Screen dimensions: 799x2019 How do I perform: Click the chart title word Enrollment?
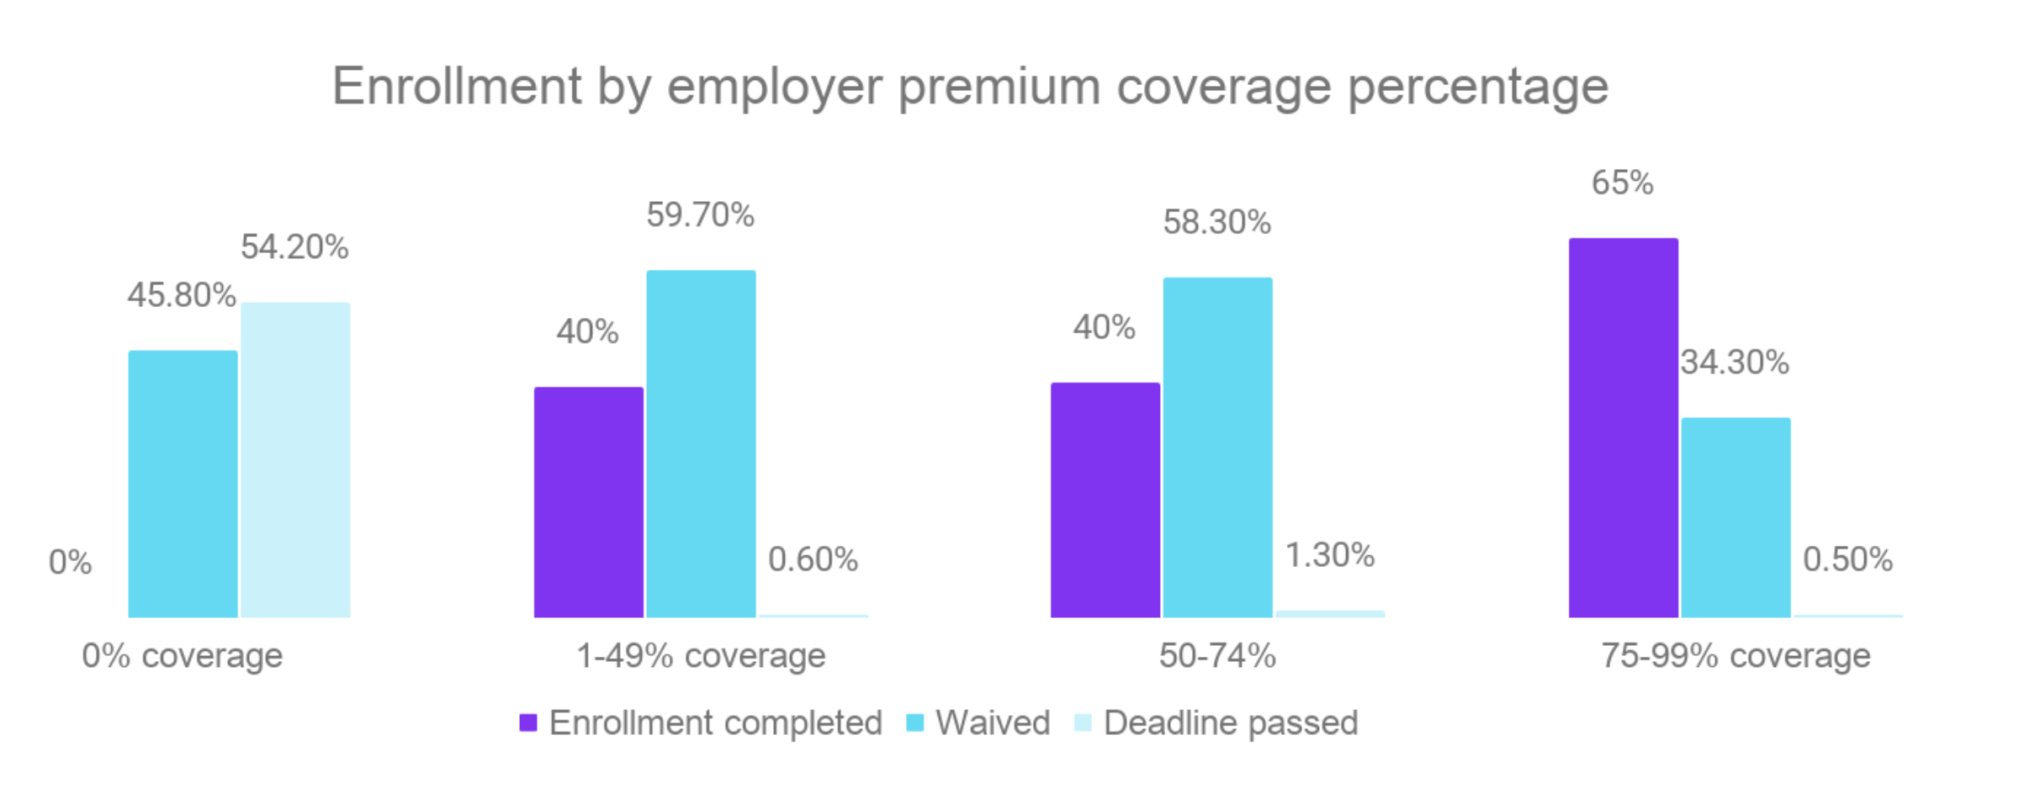pos(457,87)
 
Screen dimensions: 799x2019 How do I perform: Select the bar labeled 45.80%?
pos(183,484)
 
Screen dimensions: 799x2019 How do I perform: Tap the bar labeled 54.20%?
pos(295,460)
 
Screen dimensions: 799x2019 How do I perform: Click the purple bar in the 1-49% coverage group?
pos(589,502)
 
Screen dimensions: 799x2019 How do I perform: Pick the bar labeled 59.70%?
pos(701,443)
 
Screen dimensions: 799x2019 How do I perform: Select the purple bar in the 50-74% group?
pos(1105,500)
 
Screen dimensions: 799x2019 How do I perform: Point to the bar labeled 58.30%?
pos(1217,447)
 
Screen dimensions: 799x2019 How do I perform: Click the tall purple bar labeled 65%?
pos(1624,427)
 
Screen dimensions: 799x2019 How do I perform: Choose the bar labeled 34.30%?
pos(1735,517)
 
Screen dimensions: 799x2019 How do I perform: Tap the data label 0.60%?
pos(813,559)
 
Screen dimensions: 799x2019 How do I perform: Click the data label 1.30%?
pos(1329,555)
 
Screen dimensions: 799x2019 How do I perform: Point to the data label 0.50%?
pos(1847,559)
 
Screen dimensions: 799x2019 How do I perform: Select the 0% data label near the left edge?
pos(70,562)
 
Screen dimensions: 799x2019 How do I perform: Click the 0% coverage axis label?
pos(182,655)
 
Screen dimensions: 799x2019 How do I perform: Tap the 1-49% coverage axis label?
pos(701,655)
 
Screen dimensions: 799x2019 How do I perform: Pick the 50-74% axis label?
pos(1217,655)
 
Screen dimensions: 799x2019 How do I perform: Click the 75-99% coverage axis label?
pos(1735,655)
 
